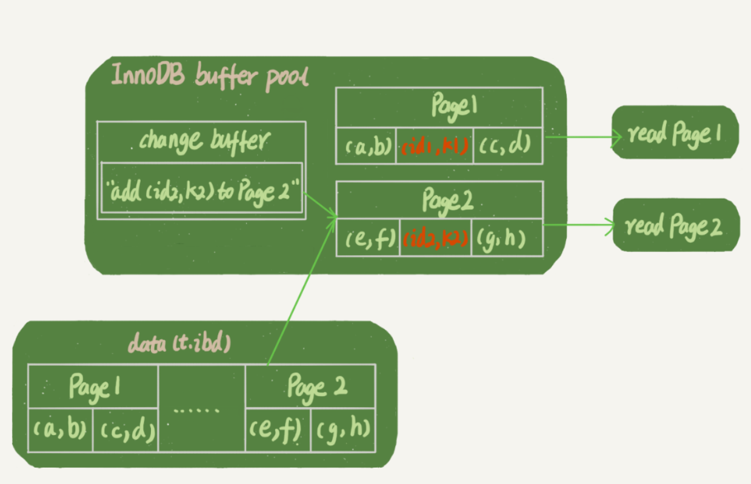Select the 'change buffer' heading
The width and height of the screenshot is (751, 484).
[201, 141]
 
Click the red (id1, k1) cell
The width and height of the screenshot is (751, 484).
[433, 146]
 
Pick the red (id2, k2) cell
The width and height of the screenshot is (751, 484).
[435, 239]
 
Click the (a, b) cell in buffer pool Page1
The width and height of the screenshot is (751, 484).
[365, 146]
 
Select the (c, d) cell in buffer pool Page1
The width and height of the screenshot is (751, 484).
[507, 146]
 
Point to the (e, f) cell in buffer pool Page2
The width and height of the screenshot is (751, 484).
[368, 239]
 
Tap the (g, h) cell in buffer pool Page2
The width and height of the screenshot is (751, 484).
[507, 239]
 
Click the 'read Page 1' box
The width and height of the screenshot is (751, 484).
[674, 133]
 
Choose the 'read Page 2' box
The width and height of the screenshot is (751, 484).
[675, 226]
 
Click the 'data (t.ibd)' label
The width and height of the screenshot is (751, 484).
[179, 343]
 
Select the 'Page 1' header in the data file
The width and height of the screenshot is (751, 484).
[93, 386]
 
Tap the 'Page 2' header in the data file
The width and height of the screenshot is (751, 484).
[310, 386]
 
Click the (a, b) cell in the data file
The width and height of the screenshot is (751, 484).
[61, 430]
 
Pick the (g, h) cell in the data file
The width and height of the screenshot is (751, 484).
[343, 430]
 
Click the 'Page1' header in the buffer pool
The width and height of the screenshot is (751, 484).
[439, 107]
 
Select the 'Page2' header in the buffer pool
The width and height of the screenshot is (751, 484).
[439, 201]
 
